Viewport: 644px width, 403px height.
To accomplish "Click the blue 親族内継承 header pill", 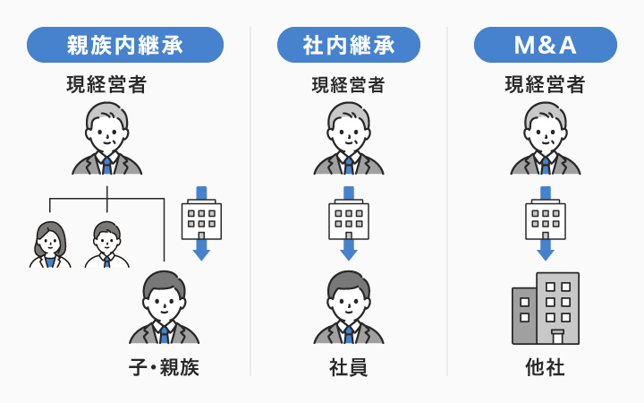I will click(125, 45).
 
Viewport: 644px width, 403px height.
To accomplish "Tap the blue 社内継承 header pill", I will click(349, 45).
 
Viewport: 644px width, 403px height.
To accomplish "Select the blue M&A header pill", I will click(545, 45).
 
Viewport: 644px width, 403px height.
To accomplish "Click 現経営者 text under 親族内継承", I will click(106, 86).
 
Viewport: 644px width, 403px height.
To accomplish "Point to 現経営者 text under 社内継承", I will click(348, 86).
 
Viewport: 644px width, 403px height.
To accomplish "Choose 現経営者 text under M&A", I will click(545, 86).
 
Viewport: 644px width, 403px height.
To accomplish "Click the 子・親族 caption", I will click(163, 368).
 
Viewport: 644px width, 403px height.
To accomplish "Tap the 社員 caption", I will click(349, 368).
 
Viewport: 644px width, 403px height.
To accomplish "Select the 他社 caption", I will click(545, 368).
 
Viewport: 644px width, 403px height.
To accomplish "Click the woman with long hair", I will click(50, 244).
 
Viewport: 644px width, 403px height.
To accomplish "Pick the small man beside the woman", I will click(106, 244).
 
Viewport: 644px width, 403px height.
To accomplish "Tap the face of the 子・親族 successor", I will click(164, 300).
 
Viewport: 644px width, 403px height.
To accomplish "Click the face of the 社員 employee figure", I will click(349, 300).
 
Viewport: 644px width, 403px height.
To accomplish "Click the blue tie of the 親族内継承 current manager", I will click(107, 166).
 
